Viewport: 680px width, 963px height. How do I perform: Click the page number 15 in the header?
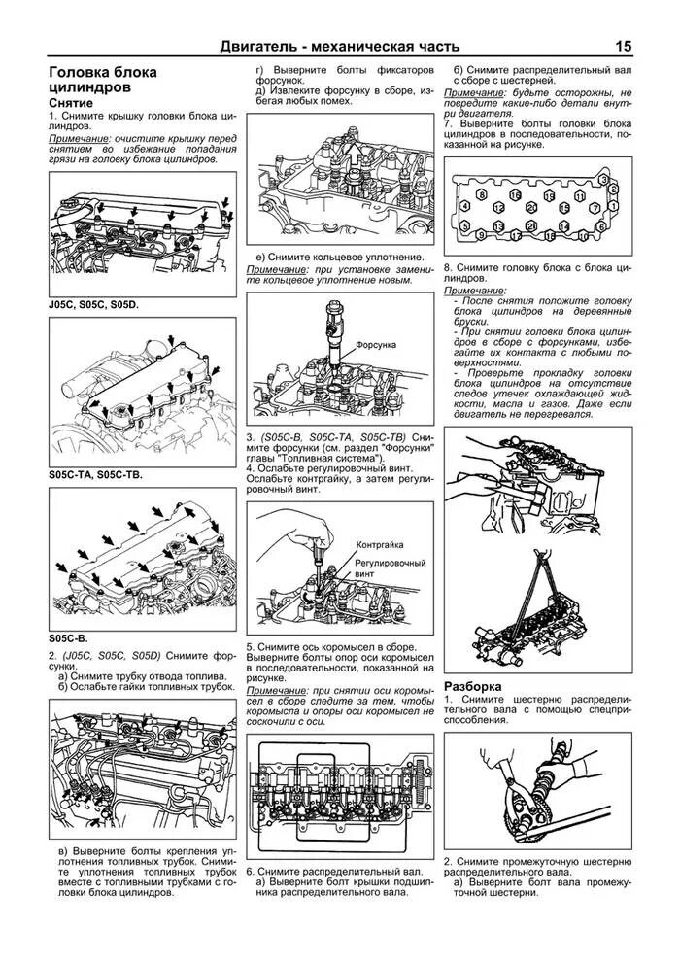point(622,46)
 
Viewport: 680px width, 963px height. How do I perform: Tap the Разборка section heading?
point(473,685)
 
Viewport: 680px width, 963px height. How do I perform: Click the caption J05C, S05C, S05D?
point(93,304)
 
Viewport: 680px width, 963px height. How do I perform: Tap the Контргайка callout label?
point(380,545)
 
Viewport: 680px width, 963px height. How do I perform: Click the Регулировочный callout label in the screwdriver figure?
point(391,563)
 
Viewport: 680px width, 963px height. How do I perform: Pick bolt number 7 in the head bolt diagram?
point(595,208)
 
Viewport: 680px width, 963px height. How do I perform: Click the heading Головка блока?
point(102,73)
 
